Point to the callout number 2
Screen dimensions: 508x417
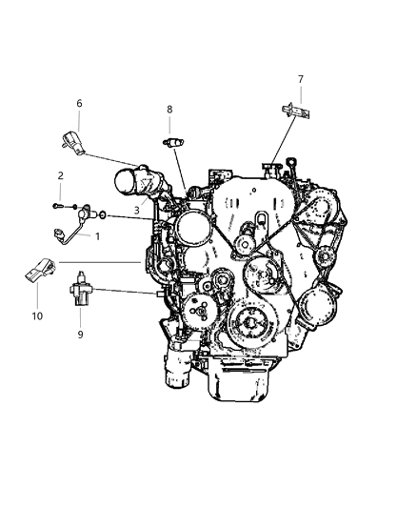61,175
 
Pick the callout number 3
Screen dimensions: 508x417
137,211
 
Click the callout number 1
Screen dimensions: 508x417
96,235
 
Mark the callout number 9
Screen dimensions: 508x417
80,334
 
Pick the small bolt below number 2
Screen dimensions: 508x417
59,204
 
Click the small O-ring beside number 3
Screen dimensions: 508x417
104,216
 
